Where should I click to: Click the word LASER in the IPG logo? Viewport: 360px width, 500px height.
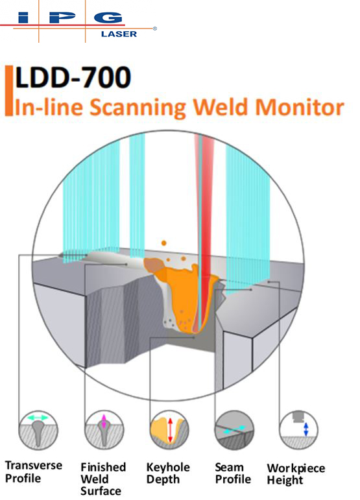pyautogui.click(x=119, y=34)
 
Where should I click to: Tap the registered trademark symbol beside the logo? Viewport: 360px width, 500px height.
pyautogui.click(x=155, y=29)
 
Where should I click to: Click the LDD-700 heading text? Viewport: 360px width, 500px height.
pyautogui.click(x=73, y=77)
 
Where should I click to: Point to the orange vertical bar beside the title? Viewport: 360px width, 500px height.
pyautogui.click(x=9, y=91)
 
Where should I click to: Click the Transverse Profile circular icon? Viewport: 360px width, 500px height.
pyautogui.click(x=38, y=430)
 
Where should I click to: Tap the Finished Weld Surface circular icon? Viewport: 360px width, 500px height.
pyautogui.click(x=104, y=430)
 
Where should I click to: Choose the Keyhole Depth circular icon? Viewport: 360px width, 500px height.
pyautogui.click(x=169, y=430)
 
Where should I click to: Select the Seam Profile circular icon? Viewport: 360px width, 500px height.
pyautogui.click(x=234, y=430)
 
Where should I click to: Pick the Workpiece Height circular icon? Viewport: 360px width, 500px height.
pyautogui.click(x=299, y=430)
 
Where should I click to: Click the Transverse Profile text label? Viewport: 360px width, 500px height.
pyautogui.click(x=34, y=471)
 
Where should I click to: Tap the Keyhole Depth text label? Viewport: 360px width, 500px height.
pyautogui.click(x=168, y=473)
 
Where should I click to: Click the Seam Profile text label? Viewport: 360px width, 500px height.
pyautogui.click(x=233, y=473)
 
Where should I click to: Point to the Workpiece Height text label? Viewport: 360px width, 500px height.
pyautogui.click(x=296, y=474)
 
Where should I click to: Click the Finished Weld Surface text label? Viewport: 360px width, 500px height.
pyautogui.click(x=103, y=479)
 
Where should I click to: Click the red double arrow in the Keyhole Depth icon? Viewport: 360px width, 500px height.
pyautogui.click(x=170, y=430)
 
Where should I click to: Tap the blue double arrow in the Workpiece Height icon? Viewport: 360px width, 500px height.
pyautogui.click(x=306, y=429)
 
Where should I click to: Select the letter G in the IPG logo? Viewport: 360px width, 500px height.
pyautogui.click(x=108, y=18)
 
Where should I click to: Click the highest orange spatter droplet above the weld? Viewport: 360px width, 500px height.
pyautogui.click(x=164, y=243)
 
